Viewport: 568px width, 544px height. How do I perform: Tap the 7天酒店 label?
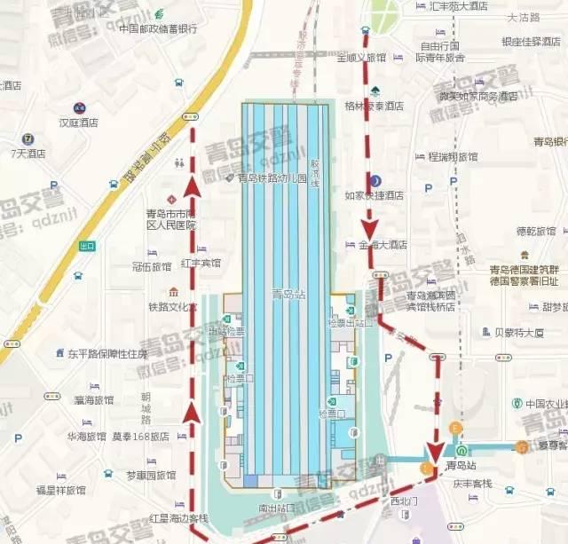tap(28, 153)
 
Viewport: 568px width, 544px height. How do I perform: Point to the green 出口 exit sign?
tap(87, 246)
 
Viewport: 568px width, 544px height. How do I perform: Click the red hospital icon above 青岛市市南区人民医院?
tap(172, 197)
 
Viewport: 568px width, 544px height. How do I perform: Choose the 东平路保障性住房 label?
tap(106, 353)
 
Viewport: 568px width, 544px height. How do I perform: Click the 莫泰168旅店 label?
tap(140, 437)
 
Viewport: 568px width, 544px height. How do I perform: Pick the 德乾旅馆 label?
tap(536, 232)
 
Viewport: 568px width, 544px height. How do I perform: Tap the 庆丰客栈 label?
tap(472, 483)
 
